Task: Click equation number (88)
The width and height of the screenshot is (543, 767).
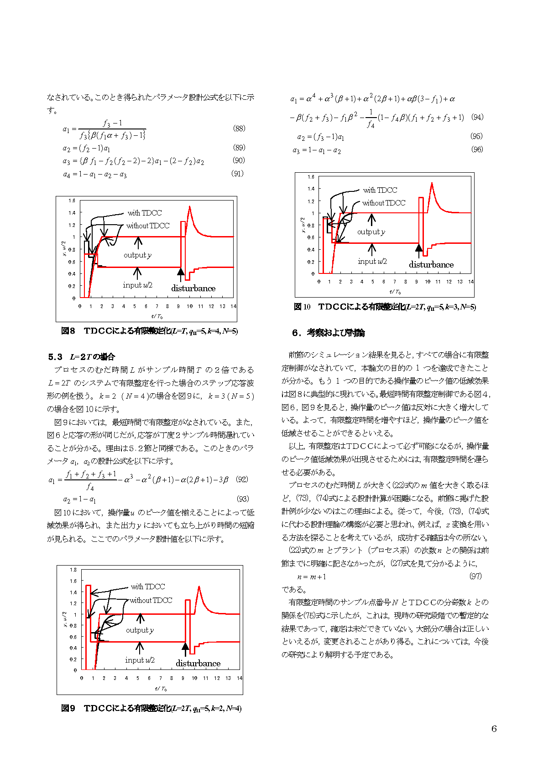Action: click(239, 129)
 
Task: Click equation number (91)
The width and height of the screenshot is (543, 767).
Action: click(238, 174)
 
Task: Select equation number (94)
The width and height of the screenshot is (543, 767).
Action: click(477, 117)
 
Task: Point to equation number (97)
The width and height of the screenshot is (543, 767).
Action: click(475, 576)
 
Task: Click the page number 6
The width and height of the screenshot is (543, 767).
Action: click(494, 729)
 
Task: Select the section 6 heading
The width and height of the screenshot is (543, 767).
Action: click(329, 333)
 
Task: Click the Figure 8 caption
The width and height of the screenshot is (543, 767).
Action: click(149, 331)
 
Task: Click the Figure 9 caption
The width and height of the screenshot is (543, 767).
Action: click(151, 708)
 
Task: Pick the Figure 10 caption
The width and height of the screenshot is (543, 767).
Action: click(385, 307)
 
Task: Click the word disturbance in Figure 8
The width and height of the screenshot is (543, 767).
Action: click(193, 288)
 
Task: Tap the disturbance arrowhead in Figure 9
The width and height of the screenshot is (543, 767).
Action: click(185, 646)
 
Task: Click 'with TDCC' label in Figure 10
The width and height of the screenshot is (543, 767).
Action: click(380, 190)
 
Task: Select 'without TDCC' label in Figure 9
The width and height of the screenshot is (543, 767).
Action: click(151, 600)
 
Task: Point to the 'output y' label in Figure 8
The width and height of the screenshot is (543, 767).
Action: click(137, 255)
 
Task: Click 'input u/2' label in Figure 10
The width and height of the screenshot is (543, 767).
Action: click(372, 261)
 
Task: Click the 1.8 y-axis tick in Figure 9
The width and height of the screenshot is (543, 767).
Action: click(73, 570)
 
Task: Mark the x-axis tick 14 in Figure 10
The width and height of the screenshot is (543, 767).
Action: click(471, 282)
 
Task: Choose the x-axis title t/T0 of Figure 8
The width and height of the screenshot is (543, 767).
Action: click(157, 316)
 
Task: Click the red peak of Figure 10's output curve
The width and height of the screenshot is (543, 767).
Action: click(432, 183)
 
